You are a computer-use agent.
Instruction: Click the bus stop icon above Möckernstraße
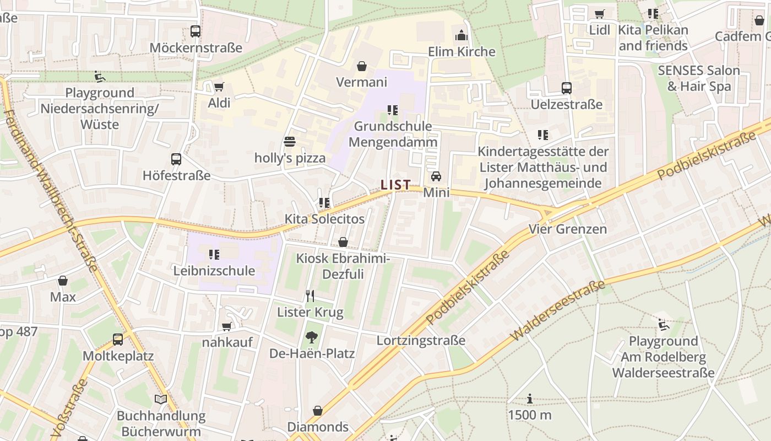click(196, 31)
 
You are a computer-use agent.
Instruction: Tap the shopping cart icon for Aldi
click(219, 87)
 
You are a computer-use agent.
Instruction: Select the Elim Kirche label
click(461, 52)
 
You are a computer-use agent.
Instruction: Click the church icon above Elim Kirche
click(461, 36)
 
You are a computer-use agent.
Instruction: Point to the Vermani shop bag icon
click(362, 67)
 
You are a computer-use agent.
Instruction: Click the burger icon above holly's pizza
click(290, 142)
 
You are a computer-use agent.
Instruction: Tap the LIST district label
click(395, 185)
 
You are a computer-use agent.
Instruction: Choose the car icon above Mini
click(436, 176)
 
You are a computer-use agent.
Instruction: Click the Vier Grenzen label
click(567, 229)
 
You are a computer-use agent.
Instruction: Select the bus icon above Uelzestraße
click(566, 88)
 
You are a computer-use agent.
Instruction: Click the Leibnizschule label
click(214, 271)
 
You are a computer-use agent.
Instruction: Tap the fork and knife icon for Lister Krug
click(310, 297)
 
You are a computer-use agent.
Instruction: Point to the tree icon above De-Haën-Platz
click(312, 337)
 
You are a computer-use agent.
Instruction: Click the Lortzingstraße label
click(421, 341)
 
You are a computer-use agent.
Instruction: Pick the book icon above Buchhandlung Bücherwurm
click(161, 400)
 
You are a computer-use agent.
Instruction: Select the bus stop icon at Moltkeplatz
click(118, 340)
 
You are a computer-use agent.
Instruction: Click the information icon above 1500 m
click(530, 399)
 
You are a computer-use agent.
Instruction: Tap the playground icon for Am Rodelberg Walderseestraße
click(664, 325)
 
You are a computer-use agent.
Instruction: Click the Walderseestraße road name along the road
click(557, 310)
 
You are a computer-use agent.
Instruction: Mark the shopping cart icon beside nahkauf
click(226, 326)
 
